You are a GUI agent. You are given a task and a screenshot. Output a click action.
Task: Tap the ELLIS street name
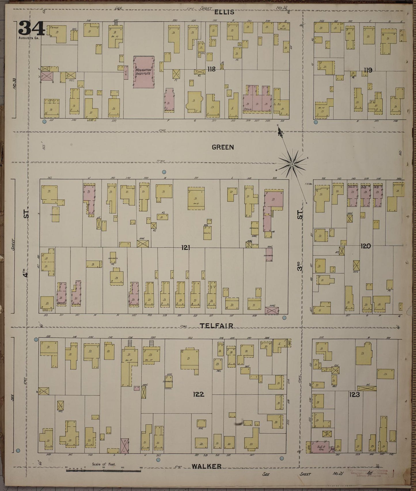(x=224, y=12)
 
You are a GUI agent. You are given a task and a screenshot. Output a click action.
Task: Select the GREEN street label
(x=223, y=147)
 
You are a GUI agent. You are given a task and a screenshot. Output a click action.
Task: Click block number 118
(x=212, y=69)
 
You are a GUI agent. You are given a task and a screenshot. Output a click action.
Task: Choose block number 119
(x=368, y=70)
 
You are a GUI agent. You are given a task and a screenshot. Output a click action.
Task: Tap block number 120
(x=365, y=246)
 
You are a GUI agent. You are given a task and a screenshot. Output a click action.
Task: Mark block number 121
(x=186, y=247)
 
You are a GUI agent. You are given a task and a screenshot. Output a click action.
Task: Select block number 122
(x=199, y=394)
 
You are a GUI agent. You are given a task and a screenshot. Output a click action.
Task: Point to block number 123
(x=354, y=395)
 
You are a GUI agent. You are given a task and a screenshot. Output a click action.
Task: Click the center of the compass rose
(x=292, y=164)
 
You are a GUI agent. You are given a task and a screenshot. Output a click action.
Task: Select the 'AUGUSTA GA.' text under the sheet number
(x=29, y=38)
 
